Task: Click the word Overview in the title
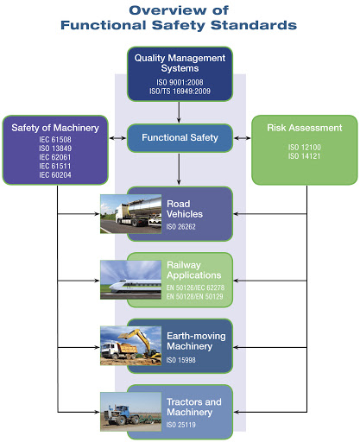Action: (x=167, y=10)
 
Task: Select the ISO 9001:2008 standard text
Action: (x=180, y=82)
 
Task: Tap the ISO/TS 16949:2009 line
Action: (x=180, y=92)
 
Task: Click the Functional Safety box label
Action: (x=180, y=137)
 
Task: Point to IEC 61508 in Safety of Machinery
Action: (x=55, y=140)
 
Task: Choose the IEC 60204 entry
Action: (x=55, y=175)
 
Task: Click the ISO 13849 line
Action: (x=55, y=148)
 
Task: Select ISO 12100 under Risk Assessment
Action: (x=305, y=148)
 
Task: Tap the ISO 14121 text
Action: (x=305, y=156)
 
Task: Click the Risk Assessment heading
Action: (x=305, y=128)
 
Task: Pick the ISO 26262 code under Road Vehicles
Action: (x=180, y=227)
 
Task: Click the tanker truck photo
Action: (x=130, y=214)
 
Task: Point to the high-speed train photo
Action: (x=130, y=280)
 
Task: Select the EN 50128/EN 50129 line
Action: (x=195, y=297)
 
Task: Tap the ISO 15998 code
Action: (x=180, y=360)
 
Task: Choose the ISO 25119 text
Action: (x=180, y=425)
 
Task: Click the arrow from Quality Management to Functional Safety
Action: (x=179, y=112)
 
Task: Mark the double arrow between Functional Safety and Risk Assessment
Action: (x=242, y=138)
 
